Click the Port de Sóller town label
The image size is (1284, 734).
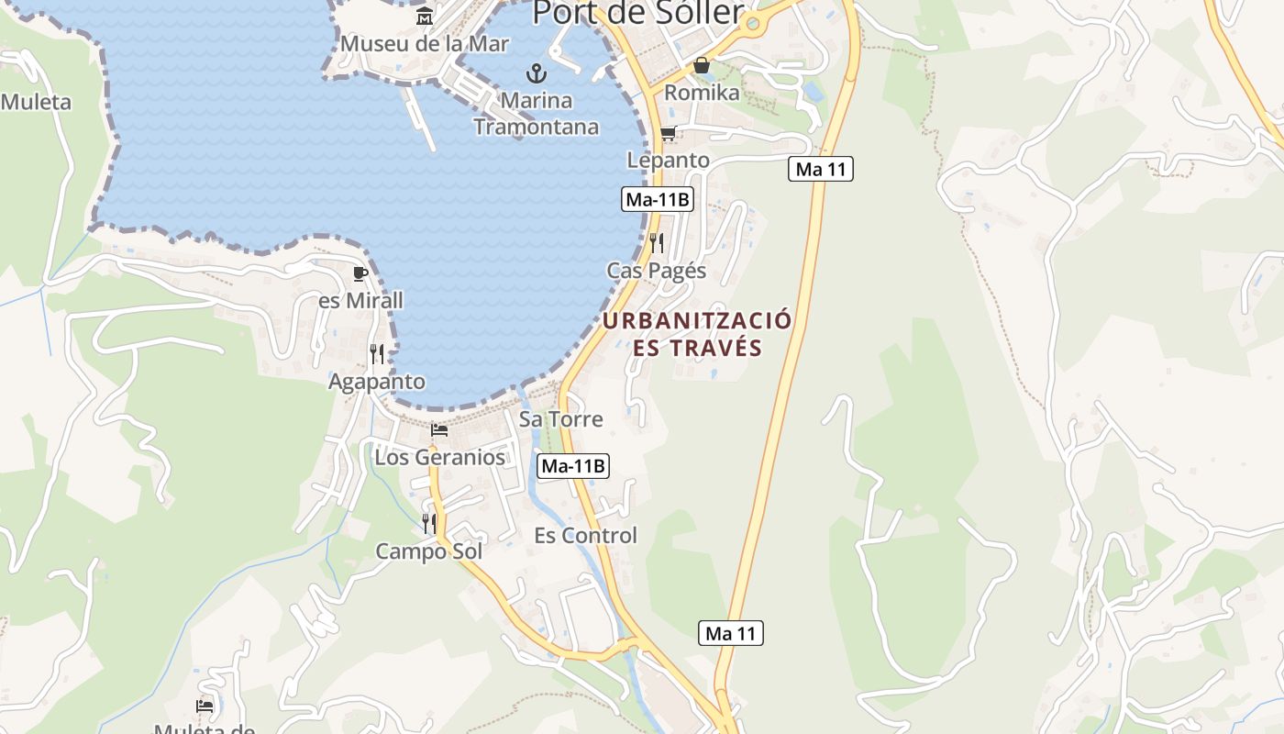tap(637, 12)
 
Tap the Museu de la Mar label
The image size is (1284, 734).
tap(424, 43)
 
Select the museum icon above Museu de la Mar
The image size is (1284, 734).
tap(425, 17)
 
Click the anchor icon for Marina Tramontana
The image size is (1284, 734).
tap(536, 73)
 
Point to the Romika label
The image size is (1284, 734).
tap(702, 93)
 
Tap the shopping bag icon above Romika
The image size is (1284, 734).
tap(702, 65)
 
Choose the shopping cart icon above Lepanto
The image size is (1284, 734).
tap(668, 134)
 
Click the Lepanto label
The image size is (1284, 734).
tap(668, 160)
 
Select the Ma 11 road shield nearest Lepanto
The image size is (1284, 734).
tap(821, 169)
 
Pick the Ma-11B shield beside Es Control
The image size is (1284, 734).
tap(573, 466)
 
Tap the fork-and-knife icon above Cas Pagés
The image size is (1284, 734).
tap(657, 243)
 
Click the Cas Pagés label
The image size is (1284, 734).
tap(657, 271)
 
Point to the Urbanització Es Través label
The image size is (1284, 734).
tap(697, 334)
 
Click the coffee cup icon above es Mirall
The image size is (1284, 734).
tap(360, 273)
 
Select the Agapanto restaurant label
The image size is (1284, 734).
tap(377, 382)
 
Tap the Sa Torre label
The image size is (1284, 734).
tap(561, 419)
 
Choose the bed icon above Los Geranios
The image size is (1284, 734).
tap(439, 429)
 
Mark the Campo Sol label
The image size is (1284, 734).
tap(429, 551)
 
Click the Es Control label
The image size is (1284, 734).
tap(585, 536)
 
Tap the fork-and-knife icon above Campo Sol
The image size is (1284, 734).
tap(429, 524)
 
